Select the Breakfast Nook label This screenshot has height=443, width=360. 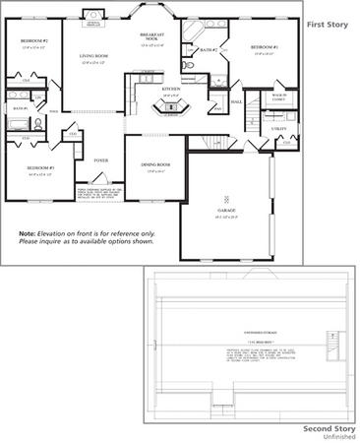pyautogui.click(x=151, y=36)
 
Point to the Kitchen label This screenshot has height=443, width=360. pyautogui.click(x=171, y=89)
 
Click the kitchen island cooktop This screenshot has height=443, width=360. pyautogui.click(x=171, y=105)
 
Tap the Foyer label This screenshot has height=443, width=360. pyautogui.click(x=101, y=158)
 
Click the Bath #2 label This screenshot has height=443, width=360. pyautogui.click(x=208, y=49)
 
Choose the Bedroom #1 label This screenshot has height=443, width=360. pyautogui.click(x=264, y=47)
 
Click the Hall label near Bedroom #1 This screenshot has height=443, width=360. pyautogui.click(x=236, y=101)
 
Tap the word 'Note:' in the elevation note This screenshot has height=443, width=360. pyautogui.click(x=27, y=233)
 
